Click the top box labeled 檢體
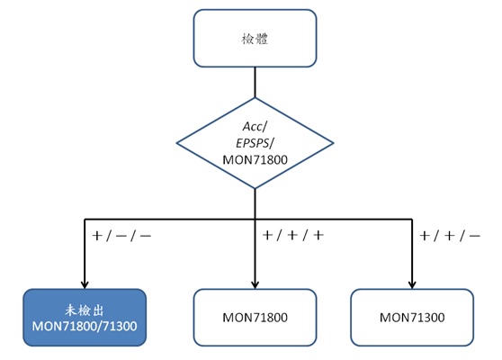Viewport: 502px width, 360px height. tap(255, 40)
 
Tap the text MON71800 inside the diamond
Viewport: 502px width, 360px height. tap(255, 159)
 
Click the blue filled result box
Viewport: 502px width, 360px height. tap(85, 318)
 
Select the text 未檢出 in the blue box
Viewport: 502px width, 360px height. tap(85, 309)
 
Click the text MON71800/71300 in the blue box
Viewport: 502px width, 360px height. tap(85, 326)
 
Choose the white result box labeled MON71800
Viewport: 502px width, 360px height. tap(255, 318)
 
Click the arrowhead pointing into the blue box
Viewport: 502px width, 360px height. tap(85, 282)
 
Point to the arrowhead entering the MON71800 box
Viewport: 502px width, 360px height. tap(255, 282)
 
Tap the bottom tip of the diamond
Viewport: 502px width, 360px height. tap(255, 188)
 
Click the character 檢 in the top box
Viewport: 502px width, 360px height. tap(247, 40)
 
